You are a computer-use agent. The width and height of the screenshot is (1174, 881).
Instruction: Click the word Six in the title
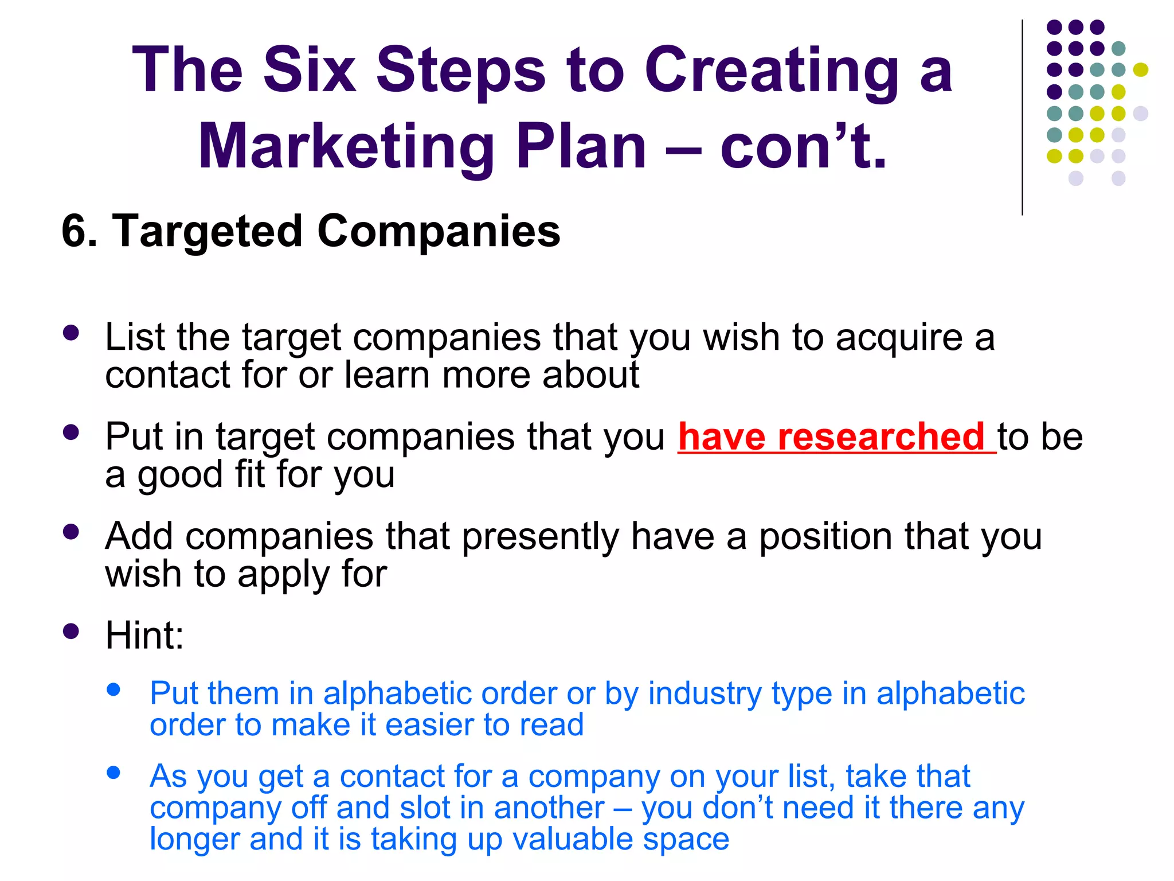pyautogui.click(x=310, y=70)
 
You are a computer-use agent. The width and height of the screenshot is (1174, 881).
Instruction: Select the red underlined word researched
pyautogui.click(x=880, y=437)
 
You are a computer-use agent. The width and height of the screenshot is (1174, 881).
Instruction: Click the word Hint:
pyautogui.click(x=144, y=636)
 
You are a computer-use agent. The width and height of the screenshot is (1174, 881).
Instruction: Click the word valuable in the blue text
pyautogui.click(x=573, y=839)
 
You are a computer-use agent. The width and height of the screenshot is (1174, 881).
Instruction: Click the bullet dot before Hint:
pyautogui.click(x=71, y=631)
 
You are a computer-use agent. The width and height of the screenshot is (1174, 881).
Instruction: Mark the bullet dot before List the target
pyautogui.click(x=71, y=333)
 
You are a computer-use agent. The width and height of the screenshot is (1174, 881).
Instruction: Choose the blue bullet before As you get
pyautogui.click(x=114, y=773)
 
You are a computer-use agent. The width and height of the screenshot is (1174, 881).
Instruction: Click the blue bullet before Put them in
pyautogui.click(x=114, y=689)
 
